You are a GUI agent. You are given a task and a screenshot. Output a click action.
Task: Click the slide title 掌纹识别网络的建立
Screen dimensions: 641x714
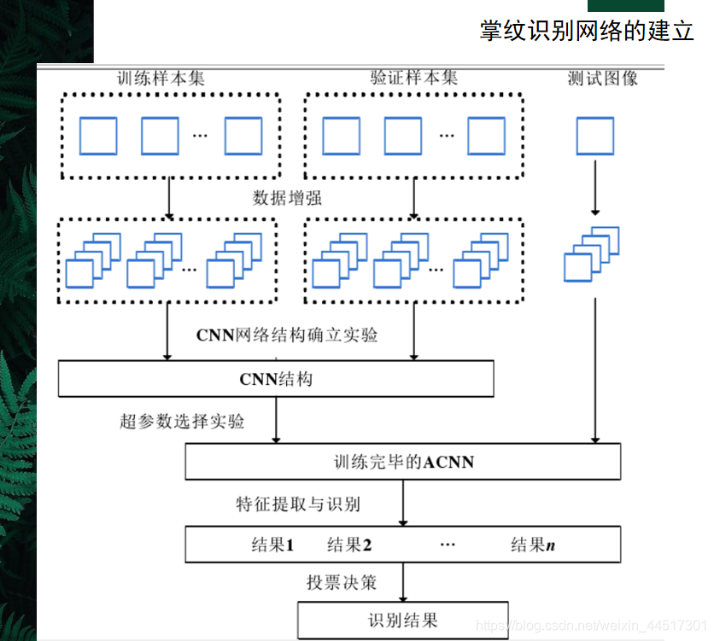(586, 31)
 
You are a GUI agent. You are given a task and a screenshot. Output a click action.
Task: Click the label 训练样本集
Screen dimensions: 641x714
(161, 78)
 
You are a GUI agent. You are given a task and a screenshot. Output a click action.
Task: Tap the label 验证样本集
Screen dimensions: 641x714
(414, 78)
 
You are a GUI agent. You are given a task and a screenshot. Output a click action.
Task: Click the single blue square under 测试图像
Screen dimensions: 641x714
(595, 136)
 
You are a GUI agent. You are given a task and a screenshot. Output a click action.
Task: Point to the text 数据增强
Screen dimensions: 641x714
(288, 198)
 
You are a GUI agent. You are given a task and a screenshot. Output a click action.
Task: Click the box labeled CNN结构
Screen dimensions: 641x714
(276, 378)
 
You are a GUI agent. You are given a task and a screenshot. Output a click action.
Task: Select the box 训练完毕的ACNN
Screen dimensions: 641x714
(403, 463)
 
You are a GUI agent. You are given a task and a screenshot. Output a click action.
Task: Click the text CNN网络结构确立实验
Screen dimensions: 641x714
(287, 335)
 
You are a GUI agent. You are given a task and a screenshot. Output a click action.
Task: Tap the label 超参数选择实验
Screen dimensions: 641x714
(182, 422)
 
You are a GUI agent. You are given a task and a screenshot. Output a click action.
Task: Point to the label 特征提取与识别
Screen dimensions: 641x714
(298, 504)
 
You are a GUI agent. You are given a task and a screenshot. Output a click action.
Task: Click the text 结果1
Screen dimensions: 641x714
(272, 545)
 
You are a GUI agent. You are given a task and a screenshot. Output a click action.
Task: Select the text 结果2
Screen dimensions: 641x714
(349, 545)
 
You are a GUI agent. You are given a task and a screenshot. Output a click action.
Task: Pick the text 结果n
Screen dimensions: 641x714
(533, 545)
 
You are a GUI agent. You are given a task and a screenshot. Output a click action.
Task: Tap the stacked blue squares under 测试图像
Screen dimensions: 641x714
(591, 254)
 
